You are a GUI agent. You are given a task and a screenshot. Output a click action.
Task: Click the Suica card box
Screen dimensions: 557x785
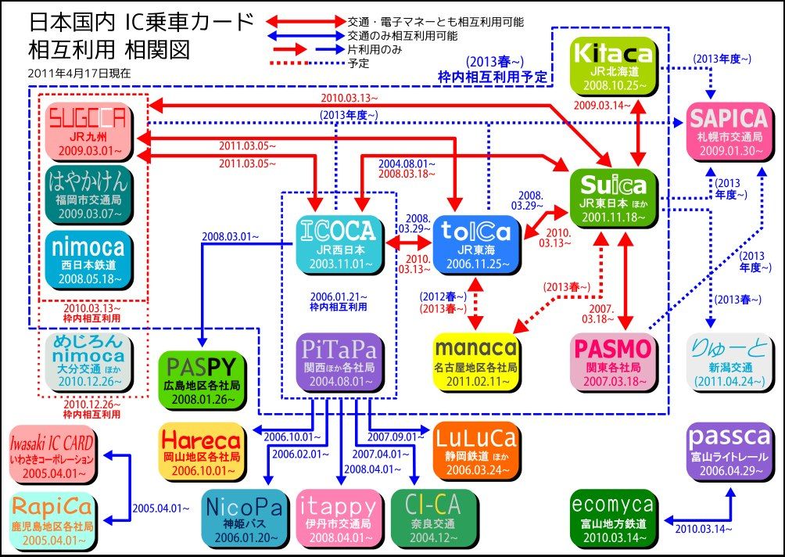[x=615, y=197]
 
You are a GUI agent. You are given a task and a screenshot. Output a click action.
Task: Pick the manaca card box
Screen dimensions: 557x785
[x=475, y=360]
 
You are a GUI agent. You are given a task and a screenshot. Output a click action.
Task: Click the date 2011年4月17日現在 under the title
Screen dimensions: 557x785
[x=78, y=73]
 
